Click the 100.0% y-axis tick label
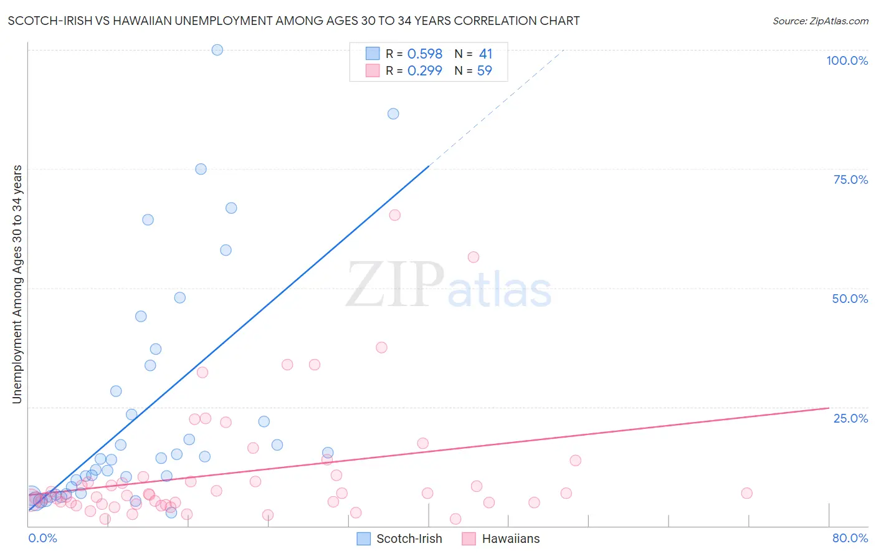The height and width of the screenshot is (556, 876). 847,60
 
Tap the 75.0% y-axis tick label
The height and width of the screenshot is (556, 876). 850,180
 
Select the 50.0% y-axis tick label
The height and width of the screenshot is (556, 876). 850,299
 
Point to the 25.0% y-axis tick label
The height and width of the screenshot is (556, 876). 850,418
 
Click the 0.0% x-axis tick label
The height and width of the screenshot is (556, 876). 42,538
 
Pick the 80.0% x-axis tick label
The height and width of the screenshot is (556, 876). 850,538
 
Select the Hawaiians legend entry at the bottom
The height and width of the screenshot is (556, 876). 510,539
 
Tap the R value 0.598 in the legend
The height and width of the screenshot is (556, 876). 424,54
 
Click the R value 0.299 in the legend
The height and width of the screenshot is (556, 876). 424,70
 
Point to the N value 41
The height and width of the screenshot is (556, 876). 485,54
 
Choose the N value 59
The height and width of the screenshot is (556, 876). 484,70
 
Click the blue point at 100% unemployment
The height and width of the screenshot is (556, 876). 217,50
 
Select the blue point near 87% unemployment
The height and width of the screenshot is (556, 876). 393,113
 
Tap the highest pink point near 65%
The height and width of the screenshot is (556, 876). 394,215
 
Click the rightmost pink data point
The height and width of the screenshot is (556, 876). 746,493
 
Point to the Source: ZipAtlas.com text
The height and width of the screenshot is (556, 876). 820,21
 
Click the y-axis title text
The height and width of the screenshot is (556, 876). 17,284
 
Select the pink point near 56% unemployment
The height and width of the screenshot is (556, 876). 474,257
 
